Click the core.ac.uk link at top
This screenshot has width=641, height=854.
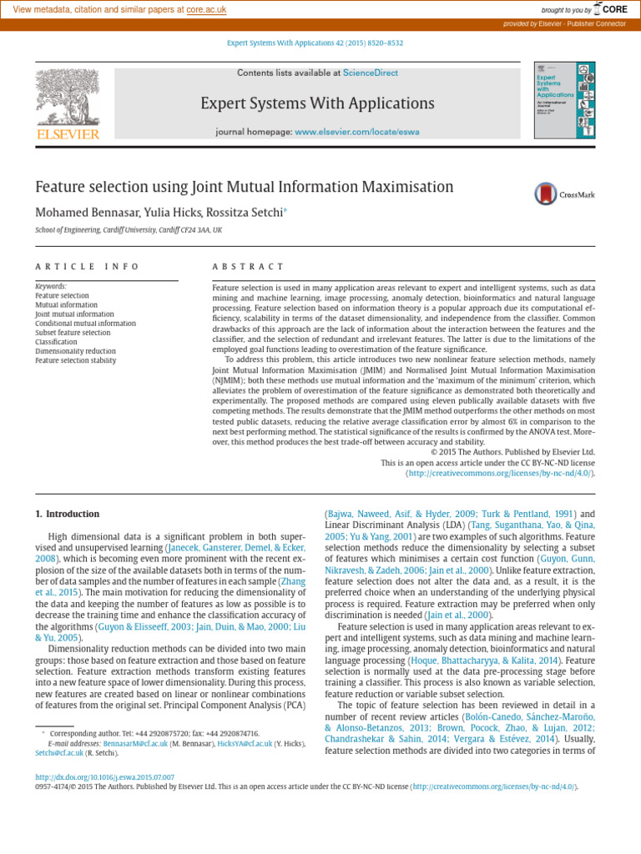[x=206, y=9]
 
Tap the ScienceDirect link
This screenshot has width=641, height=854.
[x=371, y=73]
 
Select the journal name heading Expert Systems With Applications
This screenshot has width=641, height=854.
[x=317, y=103]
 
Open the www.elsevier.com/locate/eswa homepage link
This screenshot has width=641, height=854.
[x=357, y=132]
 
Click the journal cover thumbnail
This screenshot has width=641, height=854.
[x=565, y=100]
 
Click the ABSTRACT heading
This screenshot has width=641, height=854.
[x=248, y=267]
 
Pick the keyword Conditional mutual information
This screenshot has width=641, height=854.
[x=85, y=324]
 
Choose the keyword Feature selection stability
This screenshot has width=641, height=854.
[x=76, y=360]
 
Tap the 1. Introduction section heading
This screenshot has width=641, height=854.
[x=68, y=514]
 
